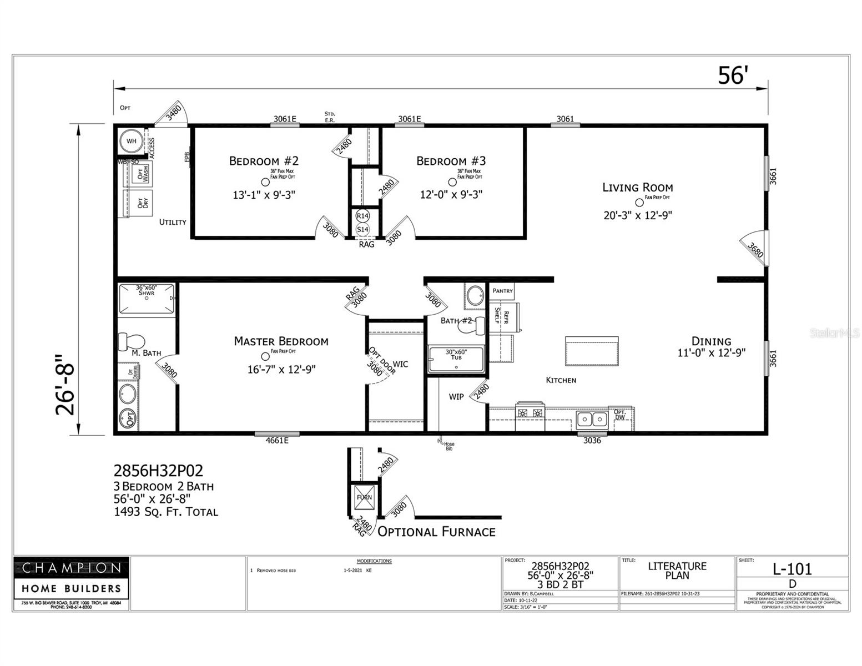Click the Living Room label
coord(637,188)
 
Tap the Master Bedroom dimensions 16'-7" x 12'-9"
coord(281,370)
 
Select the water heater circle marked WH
coord(132,141)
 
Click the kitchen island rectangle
coord(592,351)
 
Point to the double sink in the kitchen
coord(592,419)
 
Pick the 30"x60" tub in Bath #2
coord(456,359)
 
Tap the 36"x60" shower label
coord(147,290)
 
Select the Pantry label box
coord(502,291)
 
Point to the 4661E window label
coord(277,441)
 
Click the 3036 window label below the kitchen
coord(592,441)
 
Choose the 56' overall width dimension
coord(733,76)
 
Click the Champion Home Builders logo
coord(71,577)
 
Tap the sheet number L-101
coord(792,569)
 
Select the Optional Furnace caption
coord(436,532)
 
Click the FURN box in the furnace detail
coord(364,497)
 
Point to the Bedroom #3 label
coord(451,161)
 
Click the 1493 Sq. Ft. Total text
coord(166,512)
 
